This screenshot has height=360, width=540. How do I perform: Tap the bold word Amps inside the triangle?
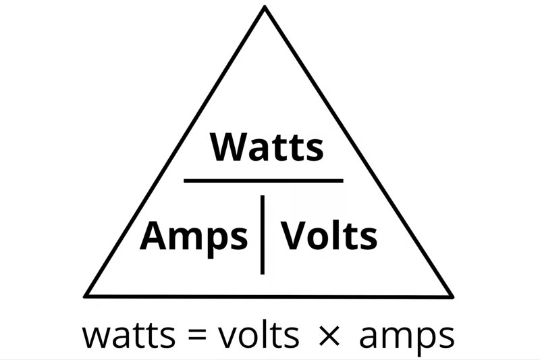(x=194, y=236)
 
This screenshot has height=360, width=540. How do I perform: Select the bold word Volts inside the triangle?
(x=329, y=236)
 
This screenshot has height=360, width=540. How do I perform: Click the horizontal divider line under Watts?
(x=263, y=180)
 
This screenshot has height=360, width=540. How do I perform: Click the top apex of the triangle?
(x=264, y=8)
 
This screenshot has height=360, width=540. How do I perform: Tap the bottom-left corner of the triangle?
(x=86, y=294)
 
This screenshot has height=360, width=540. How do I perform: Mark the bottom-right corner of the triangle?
(x=450, y=294)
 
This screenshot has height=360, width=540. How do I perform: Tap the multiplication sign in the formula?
(x=329, y=336)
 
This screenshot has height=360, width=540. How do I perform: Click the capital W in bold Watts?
(x=227, y=147)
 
